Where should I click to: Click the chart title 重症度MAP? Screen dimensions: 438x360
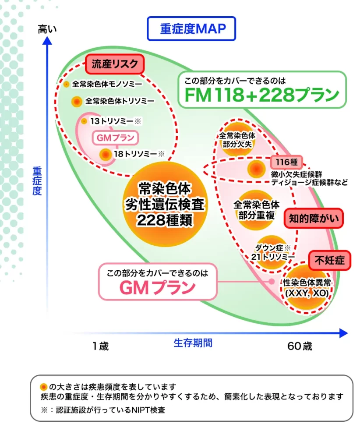pyautogui.click(x=191, y=29)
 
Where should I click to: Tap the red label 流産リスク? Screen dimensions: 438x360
pyautogui.click(x=114, y=64)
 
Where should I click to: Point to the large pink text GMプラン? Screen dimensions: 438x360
pyautogui.click(x=158, y=287)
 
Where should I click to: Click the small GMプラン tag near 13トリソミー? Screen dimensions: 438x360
pyautogui.click(x=115, y=138)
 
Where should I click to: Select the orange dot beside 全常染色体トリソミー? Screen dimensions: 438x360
pyautogui.click(x=77, y=102)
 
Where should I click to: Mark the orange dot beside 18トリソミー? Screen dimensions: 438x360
pyautogui.click(x=106, y=154)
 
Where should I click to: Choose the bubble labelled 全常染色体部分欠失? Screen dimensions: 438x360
pyautogui.click(x=237, y=139)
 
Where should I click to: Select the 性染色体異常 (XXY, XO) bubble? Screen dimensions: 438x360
pyautogui.click(x=307, y=287)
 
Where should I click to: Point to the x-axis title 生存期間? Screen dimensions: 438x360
pyautogui.click(x=193, y=343)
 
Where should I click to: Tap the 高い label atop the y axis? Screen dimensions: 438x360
pyautogui.click(x=47, y=29)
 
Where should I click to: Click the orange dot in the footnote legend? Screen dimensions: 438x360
pyautogui.click(x=43, y=387)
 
